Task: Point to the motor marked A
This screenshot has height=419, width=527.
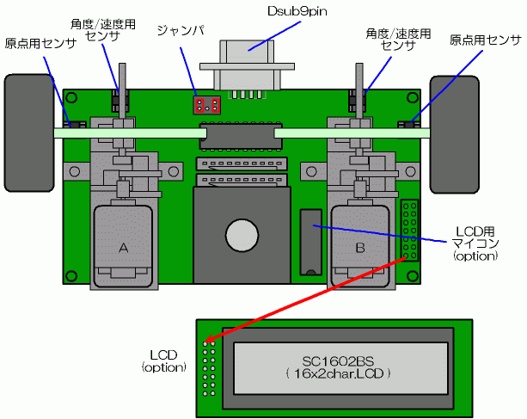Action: pyautogui.click(x=124, y=245)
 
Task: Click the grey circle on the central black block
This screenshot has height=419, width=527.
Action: pyautogui.click(x=242, y=235)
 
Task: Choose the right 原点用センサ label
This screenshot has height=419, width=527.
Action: pyautogui.click(x=485, y=40)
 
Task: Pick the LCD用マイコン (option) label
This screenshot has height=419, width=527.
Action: pyautogui.click(x=475, y=243)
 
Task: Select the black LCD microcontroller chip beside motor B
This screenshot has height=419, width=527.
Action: pyautogui.click(x=309, y=240)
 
